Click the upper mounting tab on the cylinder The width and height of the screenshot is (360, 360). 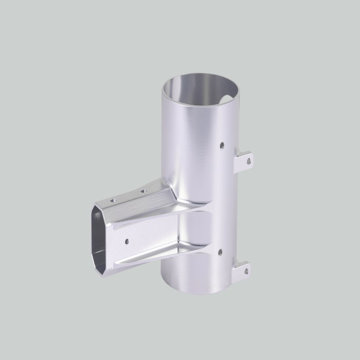point(245,159)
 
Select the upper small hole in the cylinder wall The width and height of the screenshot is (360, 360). point(221,145)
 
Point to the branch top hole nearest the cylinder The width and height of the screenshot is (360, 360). point(144,191)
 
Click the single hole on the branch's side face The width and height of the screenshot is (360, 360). point(127,241)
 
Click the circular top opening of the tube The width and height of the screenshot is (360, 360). point(200,92)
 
